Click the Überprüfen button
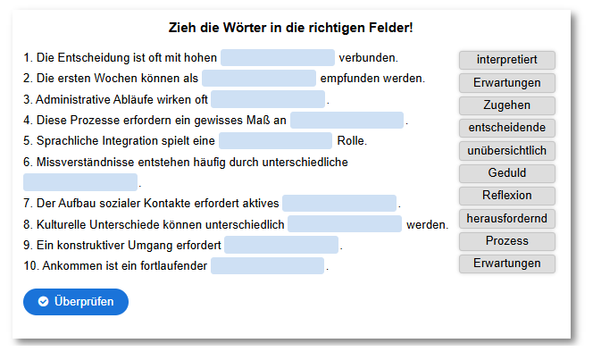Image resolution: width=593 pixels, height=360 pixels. click(x=76, y=302)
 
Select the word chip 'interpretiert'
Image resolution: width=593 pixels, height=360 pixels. click(x=506, y=60)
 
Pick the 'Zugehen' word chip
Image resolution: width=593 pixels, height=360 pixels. click(x=506, y=105)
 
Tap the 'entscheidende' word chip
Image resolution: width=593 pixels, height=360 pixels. click(x=506, y=128)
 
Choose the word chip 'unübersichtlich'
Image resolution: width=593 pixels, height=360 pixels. click(x=506, y=150)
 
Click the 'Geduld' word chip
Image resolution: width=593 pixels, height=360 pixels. click(x=506, y=173)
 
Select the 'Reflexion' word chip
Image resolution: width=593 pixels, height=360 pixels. click(x=506, y=196)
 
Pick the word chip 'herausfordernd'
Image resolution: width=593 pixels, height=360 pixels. click(x=506, y=218)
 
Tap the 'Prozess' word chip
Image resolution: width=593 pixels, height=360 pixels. click(x=506, y=241)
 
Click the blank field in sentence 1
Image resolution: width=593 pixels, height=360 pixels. click(x=278, y=57)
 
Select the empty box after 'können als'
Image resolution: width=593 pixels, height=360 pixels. click(x=259, y=79)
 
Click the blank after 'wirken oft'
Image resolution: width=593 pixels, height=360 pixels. click(x=268, y=99)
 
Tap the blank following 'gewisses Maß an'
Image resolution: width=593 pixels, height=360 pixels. click(x=347, y=121)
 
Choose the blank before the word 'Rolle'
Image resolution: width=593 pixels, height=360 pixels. click(x=275, y=140)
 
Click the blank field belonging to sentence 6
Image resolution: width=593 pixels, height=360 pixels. click(x=80, y=182)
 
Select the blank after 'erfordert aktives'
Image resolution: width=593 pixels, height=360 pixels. click(x=339, y=204)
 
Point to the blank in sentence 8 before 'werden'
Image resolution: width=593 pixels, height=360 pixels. click(x=345, y=224)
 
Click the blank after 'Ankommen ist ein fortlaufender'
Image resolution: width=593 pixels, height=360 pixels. click(x=267, y=266)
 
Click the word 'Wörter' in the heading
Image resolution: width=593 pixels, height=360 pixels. click(x=245, y=28)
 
